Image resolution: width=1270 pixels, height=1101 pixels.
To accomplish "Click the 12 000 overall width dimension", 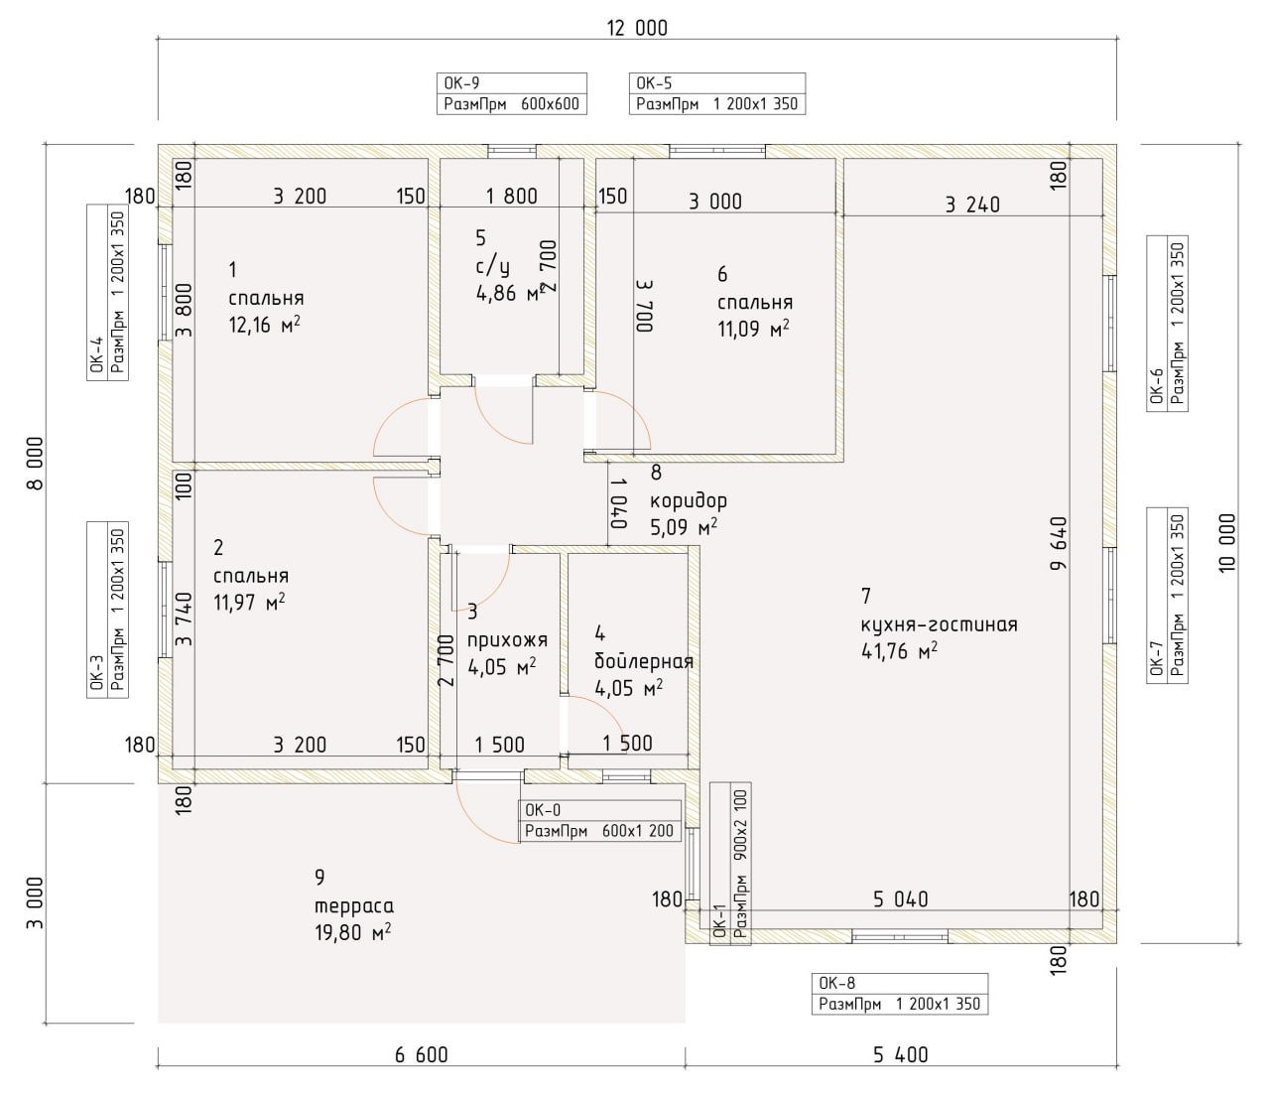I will (637, 28).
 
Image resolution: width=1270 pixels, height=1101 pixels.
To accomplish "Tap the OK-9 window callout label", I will (511, 93).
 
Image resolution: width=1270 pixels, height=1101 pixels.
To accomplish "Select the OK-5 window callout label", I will (716, 93).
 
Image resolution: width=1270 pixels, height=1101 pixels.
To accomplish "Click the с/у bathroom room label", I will (492, 266).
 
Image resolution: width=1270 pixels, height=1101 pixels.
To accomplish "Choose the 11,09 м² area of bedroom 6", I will (754, 328).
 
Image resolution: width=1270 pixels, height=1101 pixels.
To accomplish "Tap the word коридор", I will (689, 500).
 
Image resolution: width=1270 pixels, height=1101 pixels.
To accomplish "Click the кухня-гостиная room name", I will (940, 624).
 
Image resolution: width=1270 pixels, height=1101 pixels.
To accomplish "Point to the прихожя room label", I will (507, 640).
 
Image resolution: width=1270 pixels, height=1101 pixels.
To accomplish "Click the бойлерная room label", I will (644, 661).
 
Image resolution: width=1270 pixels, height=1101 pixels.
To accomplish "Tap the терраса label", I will (354, 906).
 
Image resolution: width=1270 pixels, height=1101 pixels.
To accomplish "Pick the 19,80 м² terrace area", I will (352, 932).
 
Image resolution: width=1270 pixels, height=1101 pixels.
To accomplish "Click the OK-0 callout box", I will (600, 821).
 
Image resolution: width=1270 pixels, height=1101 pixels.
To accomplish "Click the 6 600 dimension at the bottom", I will (421, 1054).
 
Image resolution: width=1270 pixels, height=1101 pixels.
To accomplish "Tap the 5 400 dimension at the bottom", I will (901, 1054).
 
